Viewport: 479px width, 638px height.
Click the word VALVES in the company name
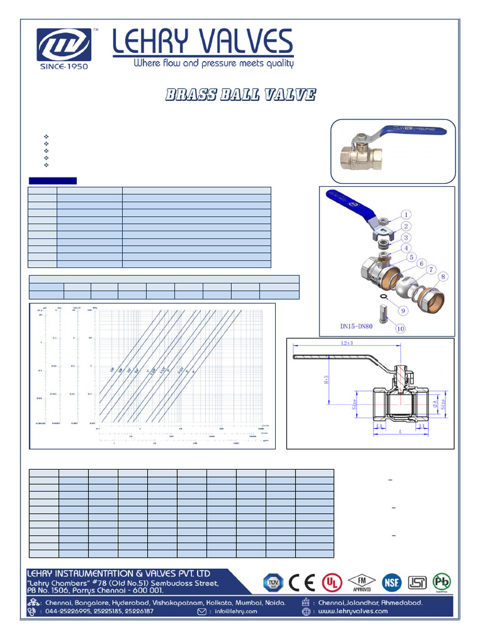coord(244,42)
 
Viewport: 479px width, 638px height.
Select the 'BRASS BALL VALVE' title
coord(240,95)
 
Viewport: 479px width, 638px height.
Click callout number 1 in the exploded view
coord(405,216)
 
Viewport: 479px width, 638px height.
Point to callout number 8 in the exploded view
coord(443,277)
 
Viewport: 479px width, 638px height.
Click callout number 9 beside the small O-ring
coord(404,310)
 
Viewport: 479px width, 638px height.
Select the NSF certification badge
coord(393,582)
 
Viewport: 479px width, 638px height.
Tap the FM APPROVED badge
coord(362,581)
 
